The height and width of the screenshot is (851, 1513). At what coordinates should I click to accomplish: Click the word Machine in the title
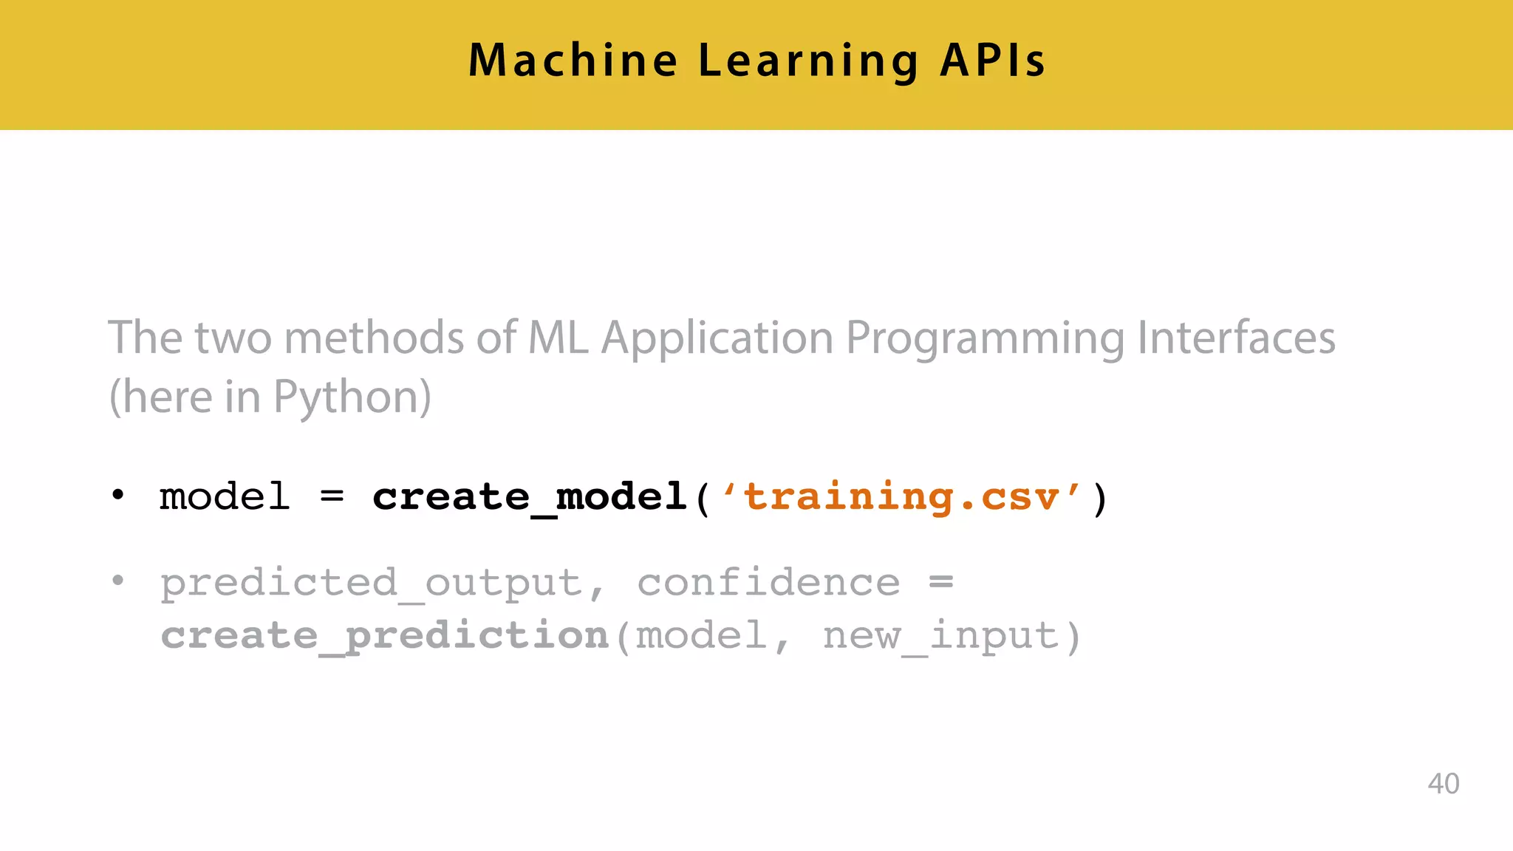[x=573, y=61]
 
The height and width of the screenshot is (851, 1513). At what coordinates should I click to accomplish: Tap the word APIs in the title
[x=992, y=61]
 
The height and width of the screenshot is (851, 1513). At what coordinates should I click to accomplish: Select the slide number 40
[x=1443, y=784]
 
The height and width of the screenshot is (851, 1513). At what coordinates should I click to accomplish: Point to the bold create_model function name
[x=530, y=496]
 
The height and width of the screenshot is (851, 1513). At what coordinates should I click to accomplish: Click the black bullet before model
[x=118, y=495]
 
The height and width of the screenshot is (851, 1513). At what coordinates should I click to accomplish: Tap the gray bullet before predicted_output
[x=118, y=581]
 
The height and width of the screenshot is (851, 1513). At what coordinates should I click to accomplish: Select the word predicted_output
[x=372, y=584]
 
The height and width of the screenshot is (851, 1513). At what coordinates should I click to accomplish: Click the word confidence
[x=768, y=582]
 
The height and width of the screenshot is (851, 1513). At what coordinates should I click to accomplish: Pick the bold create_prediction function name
[x=384, y=636]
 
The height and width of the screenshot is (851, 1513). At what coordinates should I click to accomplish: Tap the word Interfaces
[x=1236, y=338]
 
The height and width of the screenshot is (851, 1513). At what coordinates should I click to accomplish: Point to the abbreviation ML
[x=559, y=338]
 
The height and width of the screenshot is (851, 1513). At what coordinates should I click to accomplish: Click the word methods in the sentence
[x=374, y=338]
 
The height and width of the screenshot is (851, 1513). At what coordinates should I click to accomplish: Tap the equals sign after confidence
[x=941, y=582]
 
